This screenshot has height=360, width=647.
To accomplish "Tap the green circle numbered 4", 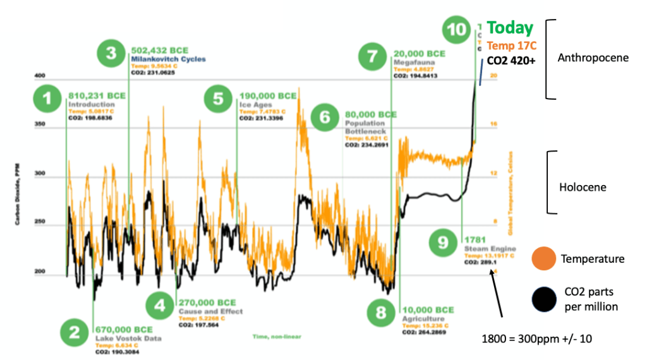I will (160, 306).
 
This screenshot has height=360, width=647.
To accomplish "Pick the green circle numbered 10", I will (456, 30).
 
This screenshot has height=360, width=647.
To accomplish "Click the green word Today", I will (510, 28).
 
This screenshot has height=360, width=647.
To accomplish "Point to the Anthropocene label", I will (593, 57).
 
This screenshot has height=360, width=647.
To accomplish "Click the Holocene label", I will (583, 187).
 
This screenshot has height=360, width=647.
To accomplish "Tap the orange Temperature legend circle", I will (545, 259).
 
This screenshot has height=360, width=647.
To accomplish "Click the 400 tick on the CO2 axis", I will (41, 75).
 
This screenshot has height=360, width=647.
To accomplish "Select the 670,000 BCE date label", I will (123, 329).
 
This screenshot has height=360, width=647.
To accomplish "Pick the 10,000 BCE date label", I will (428, 310).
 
